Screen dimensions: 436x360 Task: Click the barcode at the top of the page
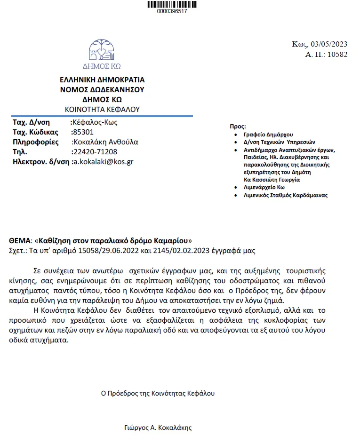[x=172, y=4]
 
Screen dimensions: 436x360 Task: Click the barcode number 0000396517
[x=172, y=11]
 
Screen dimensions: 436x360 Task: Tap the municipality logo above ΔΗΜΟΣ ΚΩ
[x=102, y=49]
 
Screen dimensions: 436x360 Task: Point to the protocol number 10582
[x=337, y=55]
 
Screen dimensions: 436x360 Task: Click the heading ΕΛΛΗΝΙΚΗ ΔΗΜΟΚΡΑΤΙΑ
[x=102, y=80]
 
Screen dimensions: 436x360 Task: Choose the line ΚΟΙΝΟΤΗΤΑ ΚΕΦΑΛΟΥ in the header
[x=102, y=109]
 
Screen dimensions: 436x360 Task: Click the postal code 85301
[x=83, y=132]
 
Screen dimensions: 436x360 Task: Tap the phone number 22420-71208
[x=95, y=152]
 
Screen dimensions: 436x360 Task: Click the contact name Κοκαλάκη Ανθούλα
[x=105, y=142]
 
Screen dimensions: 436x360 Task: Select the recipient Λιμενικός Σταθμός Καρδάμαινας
[x=285, y=195]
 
